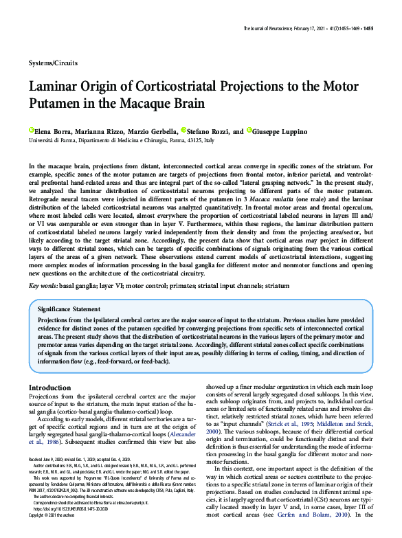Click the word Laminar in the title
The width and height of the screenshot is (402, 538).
click(58, 88)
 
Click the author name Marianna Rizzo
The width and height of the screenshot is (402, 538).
click(101, 131)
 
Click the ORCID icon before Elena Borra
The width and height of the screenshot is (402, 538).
click(31, 130)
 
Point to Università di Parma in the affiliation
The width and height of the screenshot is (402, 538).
click(48, 139)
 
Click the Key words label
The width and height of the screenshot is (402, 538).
click(43, 285)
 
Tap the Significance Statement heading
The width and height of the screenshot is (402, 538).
click(69, 310)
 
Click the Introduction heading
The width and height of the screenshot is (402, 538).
click(49, 388)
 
